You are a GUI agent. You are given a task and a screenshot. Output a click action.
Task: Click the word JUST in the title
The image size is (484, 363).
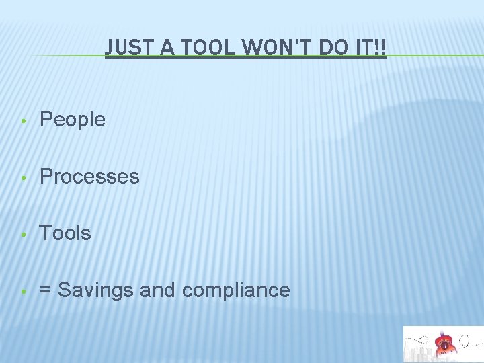click(128, 47)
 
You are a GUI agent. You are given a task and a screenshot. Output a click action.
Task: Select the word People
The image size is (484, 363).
click(73, 120)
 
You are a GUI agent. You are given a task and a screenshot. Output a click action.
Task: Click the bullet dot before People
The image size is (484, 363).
click(23, 121)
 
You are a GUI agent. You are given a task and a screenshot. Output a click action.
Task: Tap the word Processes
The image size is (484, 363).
click(89, 177)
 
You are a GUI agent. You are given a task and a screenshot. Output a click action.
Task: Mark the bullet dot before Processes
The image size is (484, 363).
click(23, 178)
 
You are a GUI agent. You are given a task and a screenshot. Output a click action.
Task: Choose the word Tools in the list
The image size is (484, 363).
click(65, 233)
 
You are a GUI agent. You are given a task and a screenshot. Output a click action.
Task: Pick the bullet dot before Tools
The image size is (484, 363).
click(23, 235)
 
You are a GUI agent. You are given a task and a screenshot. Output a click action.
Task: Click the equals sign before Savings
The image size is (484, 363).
click(46, 290)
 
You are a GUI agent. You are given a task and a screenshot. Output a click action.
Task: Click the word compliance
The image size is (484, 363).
click(236, 290)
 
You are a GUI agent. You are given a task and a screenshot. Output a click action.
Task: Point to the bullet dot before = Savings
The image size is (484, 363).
click(23, 292)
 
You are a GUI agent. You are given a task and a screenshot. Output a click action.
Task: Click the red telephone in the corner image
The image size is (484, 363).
click(444, 344)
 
